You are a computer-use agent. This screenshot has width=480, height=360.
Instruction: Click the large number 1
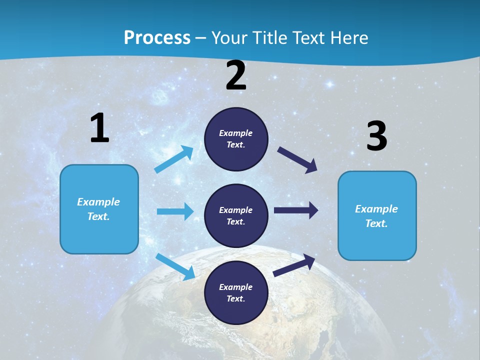tap(99, 128)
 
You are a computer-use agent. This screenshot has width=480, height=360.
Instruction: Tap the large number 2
tap(236, 76)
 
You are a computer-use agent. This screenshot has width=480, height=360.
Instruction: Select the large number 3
tap(376, 136)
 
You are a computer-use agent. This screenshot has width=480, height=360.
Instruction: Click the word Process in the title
tap(157, 37)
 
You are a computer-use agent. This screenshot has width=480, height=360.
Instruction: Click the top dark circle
tap(236, 139)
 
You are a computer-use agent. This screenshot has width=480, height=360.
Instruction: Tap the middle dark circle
tap(236, 216)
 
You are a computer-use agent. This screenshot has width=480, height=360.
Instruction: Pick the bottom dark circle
tap(236, 293)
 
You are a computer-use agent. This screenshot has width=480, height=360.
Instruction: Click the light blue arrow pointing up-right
tap(174, 159)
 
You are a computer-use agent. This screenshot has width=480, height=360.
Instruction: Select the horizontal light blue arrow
tap(175, 211)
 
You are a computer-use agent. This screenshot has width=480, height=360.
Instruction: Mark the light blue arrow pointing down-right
tap(175, 266)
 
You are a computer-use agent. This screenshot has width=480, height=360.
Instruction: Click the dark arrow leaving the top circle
tap(297, 160)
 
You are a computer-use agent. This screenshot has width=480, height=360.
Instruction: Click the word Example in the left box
tap(98, 202)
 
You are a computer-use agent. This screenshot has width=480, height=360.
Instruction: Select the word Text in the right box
tap(376, 223)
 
